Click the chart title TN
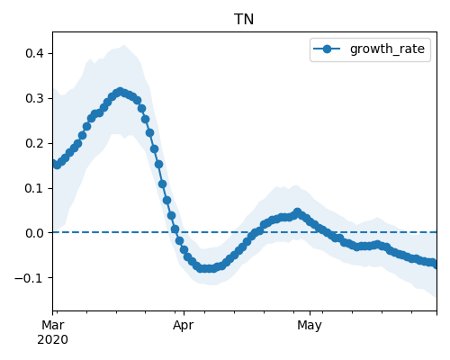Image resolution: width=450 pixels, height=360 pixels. pos(244,20)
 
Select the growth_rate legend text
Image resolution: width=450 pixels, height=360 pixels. pos(387,49)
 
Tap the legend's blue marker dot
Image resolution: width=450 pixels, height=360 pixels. pos(327,49)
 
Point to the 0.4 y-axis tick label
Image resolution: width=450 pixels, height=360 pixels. pos(34,54)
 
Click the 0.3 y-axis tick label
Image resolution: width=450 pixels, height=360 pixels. pos(34,98)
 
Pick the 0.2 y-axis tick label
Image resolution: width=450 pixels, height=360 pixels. pos(34,143)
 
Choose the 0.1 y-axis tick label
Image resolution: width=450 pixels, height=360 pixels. pos(34,188)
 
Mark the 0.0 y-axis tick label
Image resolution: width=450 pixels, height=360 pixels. pos(34,233)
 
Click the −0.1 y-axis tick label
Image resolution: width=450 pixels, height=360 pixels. pos(30,278)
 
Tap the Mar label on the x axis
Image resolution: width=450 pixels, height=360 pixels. pos(53,325)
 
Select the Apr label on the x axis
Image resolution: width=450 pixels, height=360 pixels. pos(184,326)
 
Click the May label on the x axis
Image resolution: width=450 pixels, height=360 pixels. pos(310,326)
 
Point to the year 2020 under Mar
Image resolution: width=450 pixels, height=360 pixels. pos(53,339)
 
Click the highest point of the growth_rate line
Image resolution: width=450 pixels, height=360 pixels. pos(121,92)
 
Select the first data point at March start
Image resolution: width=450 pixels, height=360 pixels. pos(55,163)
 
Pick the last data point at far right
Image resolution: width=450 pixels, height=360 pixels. pos(435,265)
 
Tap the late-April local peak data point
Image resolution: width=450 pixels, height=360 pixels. pos(297,212)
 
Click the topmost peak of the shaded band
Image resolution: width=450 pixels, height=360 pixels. pos(124,45)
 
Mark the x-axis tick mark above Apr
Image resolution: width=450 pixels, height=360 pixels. pos(184,313)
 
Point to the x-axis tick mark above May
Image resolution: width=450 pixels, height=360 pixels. pos(310,313)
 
